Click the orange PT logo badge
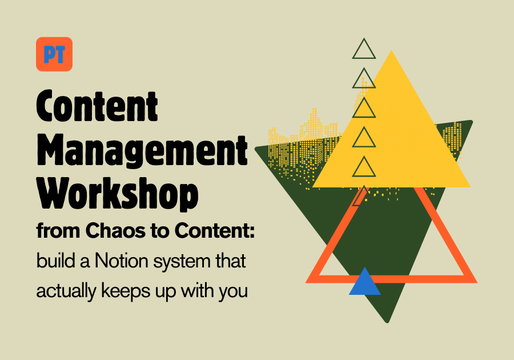tap(54, 54)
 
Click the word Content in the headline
tap(97, 106)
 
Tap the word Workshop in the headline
tap(117, 194)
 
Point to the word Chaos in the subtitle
tap(115, 230)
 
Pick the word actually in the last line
tap(66, 291)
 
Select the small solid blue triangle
tap(364, 282)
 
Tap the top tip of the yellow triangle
tap(391, 50)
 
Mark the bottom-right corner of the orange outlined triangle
tap(477, 282)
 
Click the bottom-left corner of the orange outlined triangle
tap(306, 282)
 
